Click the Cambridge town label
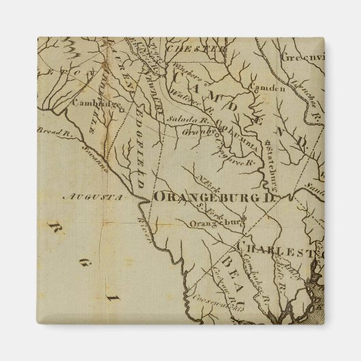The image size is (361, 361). click(94, 104)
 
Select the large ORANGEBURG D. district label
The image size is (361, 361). click(207, 197)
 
